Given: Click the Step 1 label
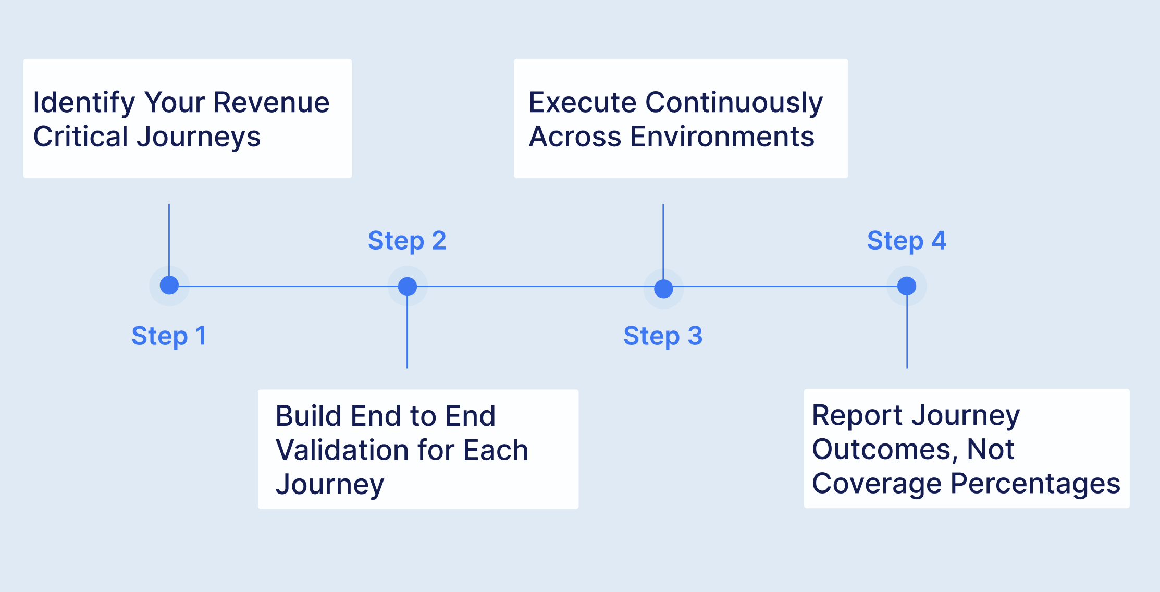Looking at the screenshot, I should point(168,336).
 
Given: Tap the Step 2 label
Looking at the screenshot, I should point(407,241).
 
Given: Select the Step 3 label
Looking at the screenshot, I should point(663,336).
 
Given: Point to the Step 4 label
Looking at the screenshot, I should point(906,241).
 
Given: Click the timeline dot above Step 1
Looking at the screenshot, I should point(169,286).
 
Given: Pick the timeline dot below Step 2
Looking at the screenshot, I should point(408,286).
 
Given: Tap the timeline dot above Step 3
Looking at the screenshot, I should point(663,288).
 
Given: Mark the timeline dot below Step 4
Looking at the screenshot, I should point(907,286).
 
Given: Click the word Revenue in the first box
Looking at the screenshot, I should point(272,102).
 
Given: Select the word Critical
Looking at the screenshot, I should point(81,137).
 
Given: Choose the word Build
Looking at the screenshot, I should point(308,416).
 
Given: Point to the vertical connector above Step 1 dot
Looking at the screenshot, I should point(169,235).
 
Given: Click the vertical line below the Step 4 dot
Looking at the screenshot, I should point(907,334).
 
